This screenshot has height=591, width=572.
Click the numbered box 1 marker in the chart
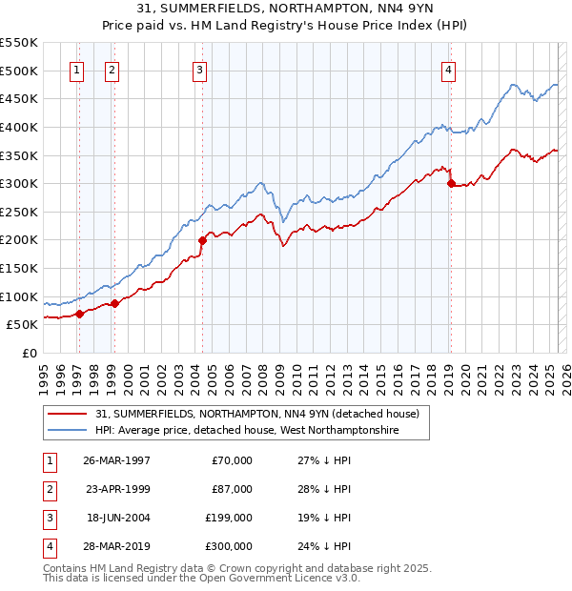76,69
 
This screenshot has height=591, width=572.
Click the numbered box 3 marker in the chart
199,69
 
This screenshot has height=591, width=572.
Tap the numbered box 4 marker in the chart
448,69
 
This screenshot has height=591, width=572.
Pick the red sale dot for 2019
451,184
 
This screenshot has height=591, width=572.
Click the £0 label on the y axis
28,353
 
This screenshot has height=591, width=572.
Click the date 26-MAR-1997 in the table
116,460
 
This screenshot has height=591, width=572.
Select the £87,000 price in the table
232,489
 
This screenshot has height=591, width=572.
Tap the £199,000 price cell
229,518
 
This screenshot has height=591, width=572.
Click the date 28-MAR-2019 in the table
116,546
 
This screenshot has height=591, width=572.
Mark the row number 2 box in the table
48,489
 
